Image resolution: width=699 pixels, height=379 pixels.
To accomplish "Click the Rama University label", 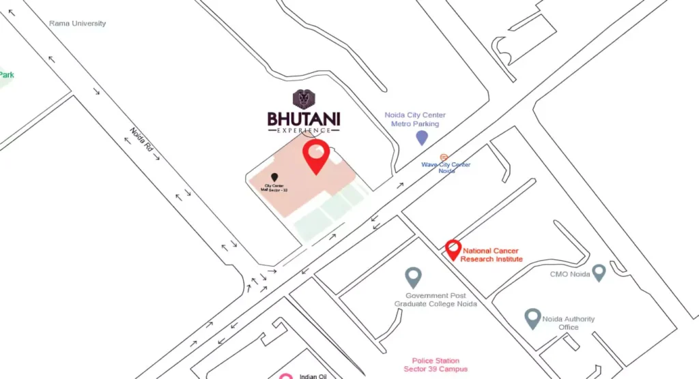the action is click(x=77, y=23).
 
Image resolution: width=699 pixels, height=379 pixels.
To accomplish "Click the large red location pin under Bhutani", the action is click(x=316, y=156).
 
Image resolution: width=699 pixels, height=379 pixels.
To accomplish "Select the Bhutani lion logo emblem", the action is click(x=304, y=100).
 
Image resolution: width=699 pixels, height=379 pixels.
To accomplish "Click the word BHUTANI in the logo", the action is click(x=304, y=119).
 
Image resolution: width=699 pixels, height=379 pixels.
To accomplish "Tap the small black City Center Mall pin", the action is click(x=274, y=177).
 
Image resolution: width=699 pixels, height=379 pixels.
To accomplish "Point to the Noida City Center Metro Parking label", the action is click(x=414, y=119).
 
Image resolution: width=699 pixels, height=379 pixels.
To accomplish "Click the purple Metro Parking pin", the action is click(x=422, y=138).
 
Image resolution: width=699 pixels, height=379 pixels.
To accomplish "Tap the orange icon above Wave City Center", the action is click(x=444, y=157).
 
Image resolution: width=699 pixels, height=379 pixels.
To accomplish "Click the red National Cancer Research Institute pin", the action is click(x=453, y=249).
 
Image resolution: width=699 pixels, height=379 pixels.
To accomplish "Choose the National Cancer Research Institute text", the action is click(x=491, y=255).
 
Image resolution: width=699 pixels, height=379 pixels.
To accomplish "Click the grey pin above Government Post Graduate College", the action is click(x=413, y=277).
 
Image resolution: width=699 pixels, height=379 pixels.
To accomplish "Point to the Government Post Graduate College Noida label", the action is click(x=435, y=300).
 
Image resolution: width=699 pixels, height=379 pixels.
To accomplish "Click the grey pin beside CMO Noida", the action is click(x=599, y=273).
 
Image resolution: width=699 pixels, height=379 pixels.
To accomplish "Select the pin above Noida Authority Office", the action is click(x=532, y=318).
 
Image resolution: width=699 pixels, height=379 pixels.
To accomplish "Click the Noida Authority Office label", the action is click(x=568, y=323).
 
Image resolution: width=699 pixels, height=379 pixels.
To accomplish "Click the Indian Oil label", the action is click(x=313, y=376).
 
